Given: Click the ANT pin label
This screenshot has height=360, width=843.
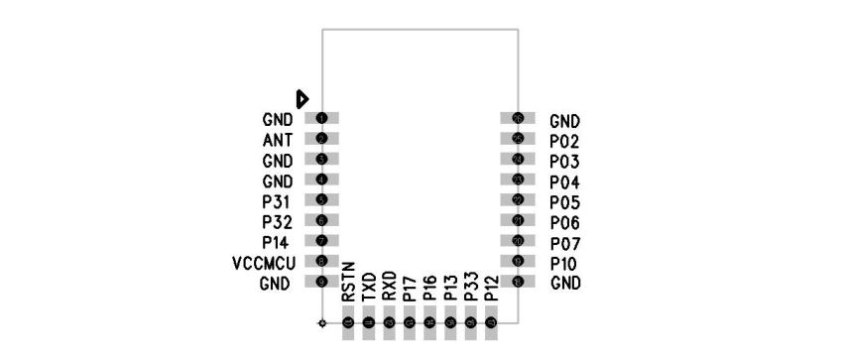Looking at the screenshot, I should [278, 140].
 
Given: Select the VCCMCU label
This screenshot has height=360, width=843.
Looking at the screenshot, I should [262, 263].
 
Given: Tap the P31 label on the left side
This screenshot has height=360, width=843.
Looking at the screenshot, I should [277, 201].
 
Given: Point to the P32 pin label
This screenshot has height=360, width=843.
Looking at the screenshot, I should [277, 221].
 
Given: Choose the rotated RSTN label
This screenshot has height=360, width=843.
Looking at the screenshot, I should [348, 285].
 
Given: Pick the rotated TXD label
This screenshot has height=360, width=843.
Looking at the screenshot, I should [369, 287].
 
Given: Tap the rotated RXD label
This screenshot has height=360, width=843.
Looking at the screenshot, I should [389, 287].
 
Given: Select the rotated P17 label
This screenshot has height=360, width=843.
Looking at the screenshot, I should [410, 288].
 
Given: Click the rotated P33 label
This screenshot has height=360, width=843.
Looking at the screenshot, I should [471, 288].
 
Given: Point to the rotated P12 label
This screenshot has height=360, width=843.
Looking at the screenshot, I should [491, 288].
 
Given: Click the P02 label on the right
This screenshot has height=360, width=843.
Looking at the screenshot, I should [564, 141].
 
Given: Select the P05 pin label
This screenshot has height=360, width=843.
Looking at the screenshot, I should [564, 202].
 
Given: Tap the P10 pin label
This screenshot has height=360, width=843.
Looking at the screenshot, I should [564, 264].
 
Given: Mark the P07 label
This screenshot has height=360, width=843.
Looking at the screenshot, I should [564, 243].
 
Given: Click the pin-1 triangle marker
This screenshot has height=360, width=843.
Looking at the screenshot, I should [303, 98].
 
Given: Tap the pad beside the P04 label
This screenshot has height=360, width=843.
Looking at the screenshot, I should [518, 180].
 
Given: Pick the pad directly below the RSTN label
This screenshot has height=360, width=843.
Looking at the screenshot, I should [348, 323].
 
